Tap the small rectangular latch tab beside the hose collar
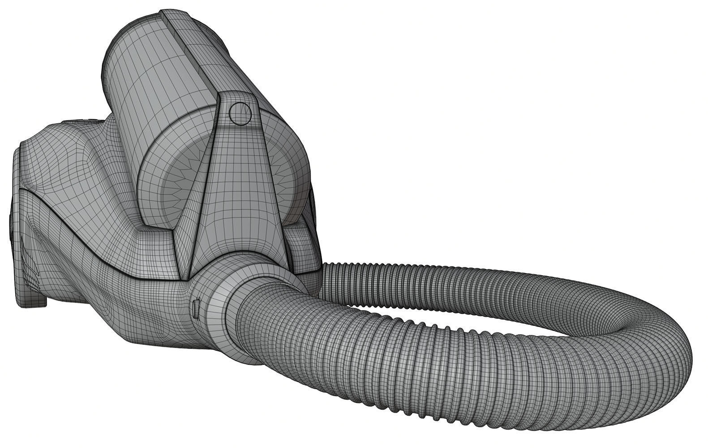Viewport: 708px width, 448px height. [196, 309]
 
